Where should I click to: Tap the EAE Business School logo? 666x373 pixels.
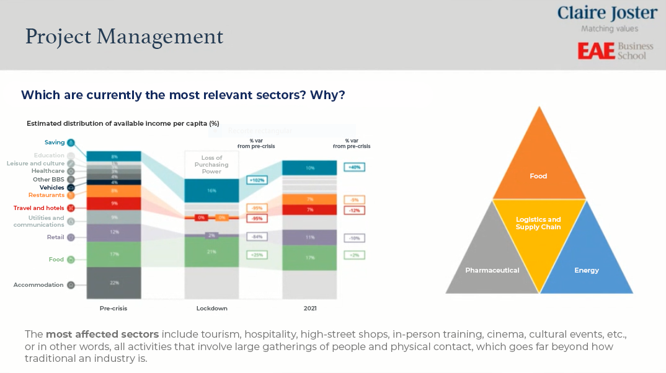pyautogui.click(x=615, y=51)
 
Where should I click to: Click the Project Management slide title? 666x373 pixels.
pyautogui.click(x=124, y=37)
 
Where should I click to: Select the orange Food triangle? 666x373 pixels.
pyautogui.click(x=538, y=167)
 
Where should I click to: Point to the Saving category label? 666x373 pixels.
pyautogui.click(x=55, y=143)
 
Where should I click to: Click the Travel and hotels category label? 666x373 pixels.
pyautogui.click(x=38, y=208)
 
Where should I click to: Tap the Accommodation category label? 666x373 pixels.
pyautogui.click(x=38, y=285)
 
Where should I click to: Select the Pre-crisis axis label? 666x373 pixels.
pyautogui.click(x=114, y=308)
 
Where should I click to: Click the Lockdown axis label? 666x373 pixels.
pyautogui.click(x=211, y=308)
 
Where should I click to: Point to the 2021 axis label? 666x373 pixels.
pyautogui.click(x=309, y=308)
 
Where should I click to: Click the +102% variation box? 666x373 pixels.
pyautogui.click(x=257, y=180)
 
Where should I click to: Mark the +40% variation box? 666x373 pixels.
pyautogui.click(x=354, y=167)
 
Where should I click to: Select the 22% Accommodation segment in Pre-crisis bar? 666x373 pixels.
pyautogui.click(x=114, y=283)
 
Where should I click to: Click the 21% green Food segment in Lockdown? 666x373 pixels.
pyautogui.click(x=211, y=252)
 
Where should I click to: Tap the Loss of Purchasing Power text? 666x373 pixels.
pyautogui.click(x=211, y=165)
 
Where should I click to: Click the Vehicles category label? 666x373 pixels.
pyautogui.click(x=51, y=187)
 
